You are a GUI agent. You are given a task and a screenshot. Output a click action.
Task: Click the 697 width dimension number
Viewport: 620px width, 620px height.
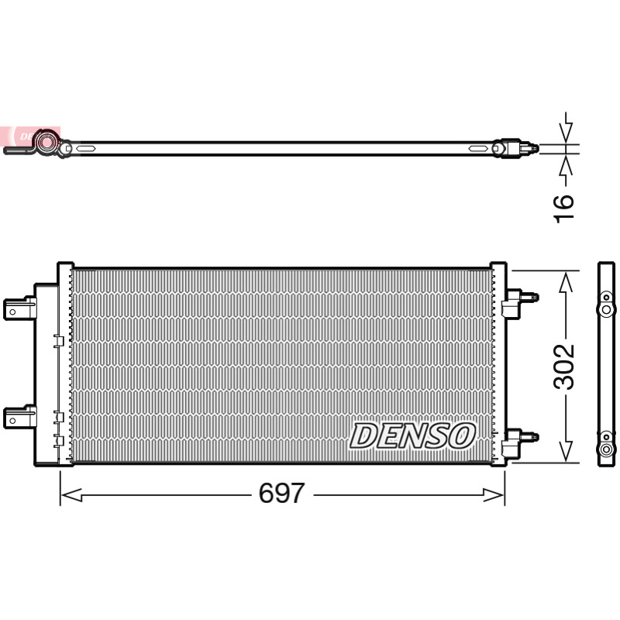pos(281,493)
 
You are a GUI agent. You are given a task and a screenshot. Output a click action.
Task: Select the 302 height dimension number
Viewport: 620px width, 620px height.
pos(563,367)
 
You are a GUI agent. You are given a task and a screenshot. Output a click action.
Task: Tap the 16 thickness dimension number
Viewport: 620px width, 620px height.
pos(563,208)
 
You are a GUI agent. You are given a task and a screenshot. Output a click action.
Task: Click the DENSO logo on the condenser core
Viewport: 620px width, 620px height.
pos(412,436)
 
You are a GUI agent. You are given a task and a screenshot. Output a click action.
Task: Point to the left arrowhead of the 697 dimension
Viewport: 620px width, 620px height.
pos(71,494)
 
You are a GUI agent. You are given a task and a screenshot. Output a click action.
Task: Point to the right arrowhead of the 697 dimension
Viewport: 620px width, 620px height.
pos(494,494)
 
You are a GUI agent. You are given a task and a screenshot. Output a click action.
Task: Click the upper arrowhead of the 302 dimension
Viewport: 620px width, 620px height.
pos(567,282)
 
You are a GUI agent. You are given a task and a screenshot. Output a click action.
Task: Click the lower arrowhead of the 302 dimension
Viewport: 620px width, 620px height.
pos(567,451)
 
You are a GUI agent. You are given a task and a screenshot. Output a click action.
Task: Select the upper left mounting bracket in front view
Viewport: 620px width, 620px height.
pos(20,308)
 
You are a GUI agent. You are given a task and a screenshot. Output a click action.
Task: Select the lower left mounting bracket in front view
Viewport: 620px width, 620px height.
pos(20,417)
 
